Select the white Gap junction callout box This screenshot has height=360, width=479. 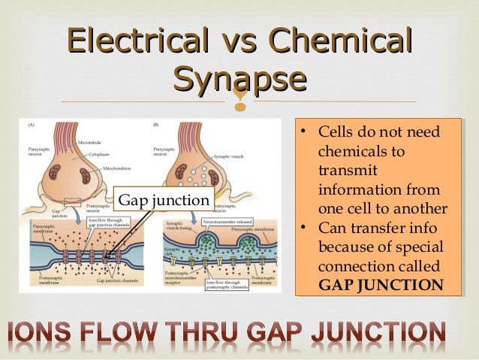[164, 201]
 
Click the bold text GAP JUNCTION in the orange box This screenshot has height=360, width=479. [381, 285]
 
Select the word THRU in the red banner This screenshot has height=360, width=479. [230, 333]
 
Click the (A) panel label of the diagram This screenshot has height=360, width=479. [33, 124]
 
